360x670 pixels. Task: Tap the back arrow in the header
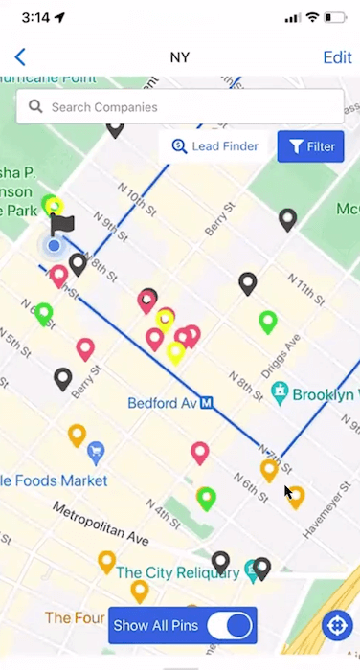tap(20, 57)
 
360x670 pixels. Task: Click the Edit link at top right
tap(337, 57)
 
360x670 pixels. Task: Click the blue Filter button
tap(310, 146)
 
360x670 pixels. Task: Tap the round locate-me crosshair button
tap(337, 626)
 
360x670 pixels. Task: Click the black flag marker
tap(62, 225)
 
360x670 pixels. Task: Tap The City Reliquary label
tap(177, 572)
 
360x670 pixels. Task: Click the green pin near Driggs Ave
tap(268, 322)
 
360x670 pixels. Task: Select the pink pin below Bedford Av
tap(200, 452)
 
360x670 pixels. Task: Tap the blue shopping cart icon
tap(96, 451)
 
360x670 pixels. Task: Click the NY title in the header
tap(180, 57)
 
